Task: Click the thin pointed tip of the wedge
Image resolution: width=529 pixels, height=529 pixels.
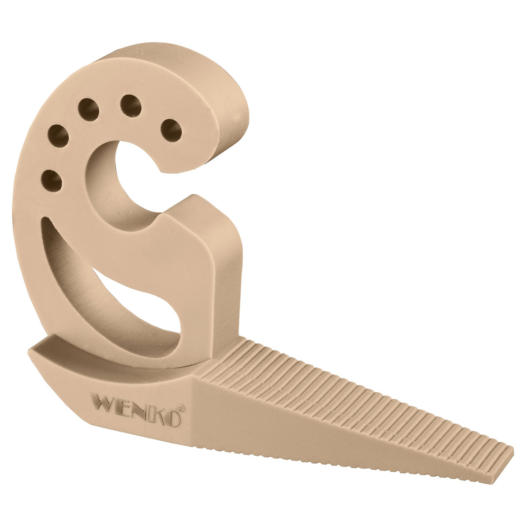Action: coord(507,454)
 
